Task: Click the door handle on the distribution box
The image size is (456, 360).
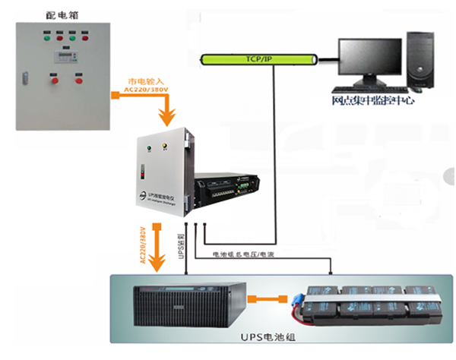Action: [x=26, y=75]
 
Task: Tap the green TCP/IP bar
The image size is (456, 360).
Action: [x=258, y=58]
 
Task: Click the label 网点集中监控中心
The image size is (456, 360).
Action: [x=373, y=101]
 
